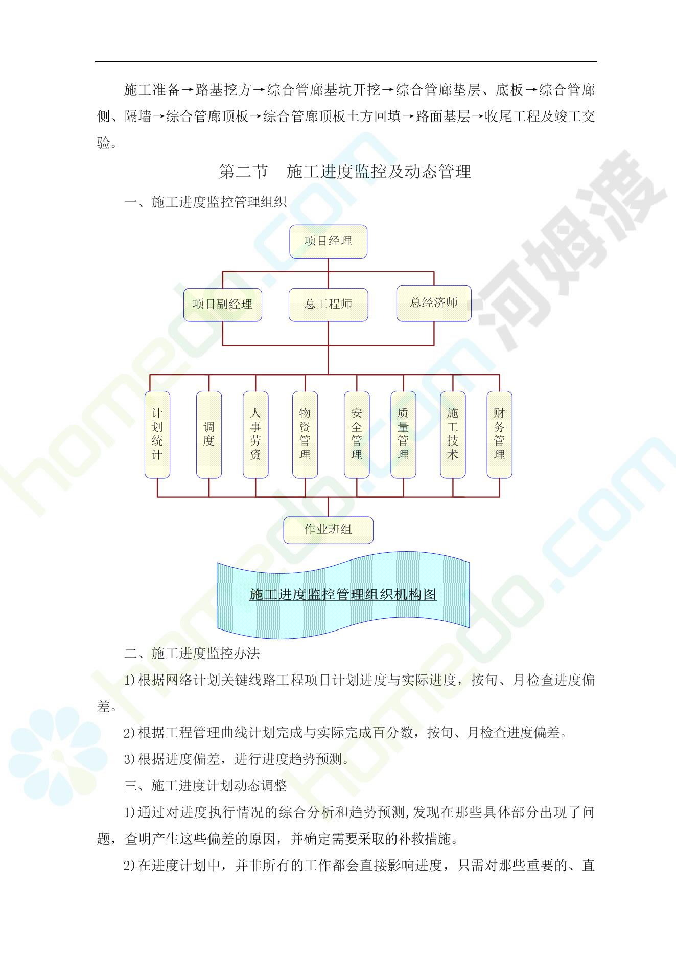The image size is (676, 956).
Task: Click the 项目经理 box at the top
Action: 328,241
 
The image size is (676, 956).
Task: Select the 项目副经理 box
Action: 222,305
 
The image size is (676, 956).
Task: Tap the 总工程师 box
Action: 328,305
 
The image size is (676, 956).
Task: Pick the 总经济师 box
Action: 434,303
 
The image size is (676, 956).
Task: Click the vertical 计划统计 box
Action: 157,434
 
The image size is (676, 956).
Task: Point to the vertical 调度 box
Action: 209,434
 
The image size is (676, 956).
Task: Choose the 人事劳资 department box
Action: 255,434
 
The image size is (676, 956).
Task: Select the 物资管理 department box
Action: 305,434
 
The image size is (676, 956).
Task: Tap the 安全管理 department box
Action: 357,434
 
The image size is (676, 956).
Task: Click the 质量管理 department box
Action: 403,434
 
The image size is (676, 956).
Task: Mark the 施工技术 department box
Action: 453,434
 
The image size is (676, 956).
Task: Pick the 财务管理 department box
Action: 499,434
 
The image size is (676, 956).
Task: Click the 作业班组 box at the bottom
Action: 328,530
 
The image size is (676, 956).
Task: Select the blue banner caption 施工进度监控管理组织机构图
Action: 343,594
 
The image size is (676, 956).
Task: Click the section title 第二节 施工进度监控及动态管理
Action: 345,172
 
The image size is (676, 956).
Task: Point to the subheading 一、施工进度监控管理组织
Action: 205,202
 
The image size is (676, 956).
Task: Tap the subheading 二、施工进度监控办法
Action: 192,654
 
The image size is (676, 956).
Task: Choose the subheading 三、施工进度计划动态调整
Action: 205,786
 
